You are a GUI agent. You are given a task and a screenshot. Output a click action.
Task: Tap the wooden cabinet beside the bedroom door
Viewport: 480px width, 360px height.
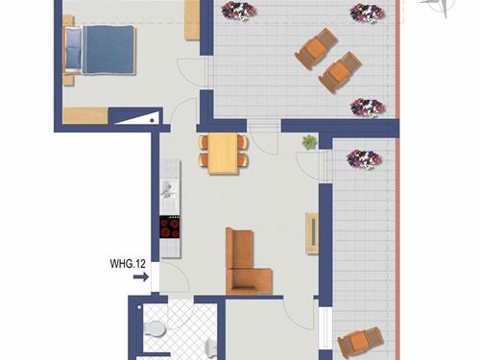192,19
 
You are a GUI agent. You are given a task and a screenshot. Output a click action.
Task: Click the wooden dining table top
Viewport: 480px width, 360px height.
223,152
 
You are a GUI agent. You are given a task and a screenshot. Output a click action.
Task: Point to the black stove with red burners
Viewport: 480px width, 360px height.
170,228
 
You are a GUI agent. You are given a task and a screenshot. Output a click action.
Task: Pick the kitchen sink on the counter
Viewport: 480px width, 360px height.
169,188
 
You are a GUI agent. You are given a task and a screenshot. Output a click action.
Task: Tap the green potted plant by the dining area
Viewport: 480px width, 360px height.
309,143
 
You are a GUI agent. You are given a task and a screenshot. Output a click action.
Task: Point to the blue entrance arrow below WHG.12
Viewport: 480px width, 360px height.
140,277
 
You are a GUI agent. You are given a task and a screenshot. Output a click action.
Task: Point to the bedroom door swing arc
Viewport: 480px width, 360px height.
195,72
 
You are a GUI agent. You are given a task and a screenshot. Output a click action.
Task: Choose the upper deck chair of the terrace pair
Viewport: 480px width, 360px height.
317,47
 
